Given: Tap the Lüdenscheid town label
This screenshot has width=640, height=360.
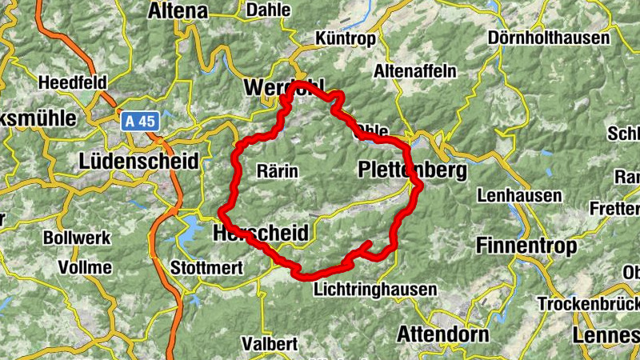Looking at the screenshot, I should pos(139,161).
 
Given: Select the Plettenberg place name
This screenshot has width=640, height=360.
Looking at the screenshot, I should pos(413,170).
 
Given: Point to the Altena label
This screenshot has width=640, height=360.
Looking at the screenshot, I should pos(178,11).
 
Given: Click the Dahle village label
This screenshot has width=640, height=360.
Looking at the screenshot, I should pos(269,10).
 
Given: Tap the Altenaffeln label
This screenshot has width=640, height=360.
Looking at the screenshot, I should pos(414,71).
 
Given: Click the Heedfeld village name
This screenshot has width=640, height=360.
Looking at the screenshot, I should pos(73,82).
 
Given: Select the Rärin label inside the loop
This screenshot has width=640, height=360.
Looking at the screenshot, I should pos(278,170).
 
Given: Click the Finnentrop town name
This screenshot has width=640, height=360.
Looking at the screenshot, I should pos(527,246).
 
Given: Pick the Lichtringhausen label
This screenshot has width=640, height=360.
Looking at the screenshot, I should pos(376,289).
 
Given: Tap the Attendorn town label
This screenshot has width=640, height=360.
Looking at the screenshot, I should pos(443,334).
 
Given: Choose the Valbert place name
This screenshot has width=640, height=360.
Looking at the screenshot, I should pos(272,344).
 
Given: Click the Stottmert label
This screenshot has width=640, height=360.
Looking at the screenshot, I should pos(207,268).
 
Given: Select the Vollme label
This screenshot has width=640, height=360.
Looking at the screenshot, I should pos(85,267).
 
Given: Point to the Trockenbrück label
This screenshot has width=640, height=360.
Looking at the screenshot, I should pos(589,304).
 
